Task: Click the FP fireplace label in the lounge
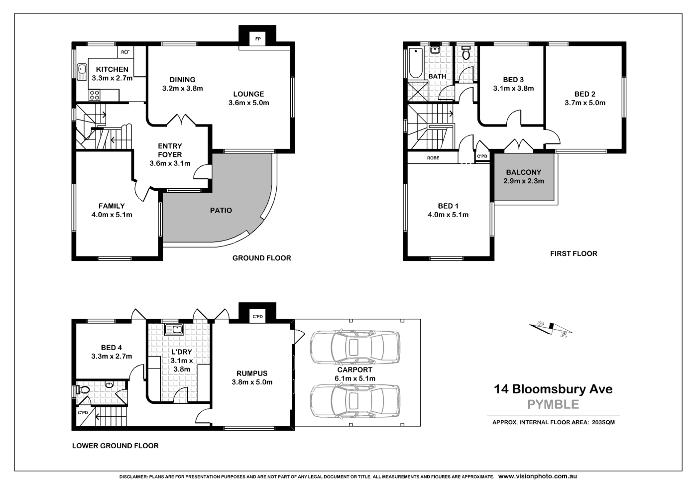point(257,39)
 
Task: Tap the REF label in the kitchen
point(125,52)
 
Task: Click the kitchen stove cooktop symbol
point(95,94)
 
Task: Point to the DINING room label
point(182,80)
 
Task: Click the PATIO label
point(221,210)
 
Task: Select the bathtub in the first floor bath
point(415,63)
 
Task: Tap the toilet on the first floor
point(466,53)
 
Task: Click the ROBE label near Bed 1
point(433,158)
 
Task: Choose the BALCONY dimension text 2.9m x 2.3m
point(523,181)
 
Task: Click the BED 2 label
point(584,94)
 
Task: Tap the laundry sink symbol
point(174,329)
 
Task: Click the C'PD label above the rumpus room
point(257,317)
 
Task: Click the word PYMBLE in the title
point(553,404)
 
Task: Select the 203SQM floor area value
point(603,422)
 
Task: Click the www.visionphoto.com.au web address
point(537,476)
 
